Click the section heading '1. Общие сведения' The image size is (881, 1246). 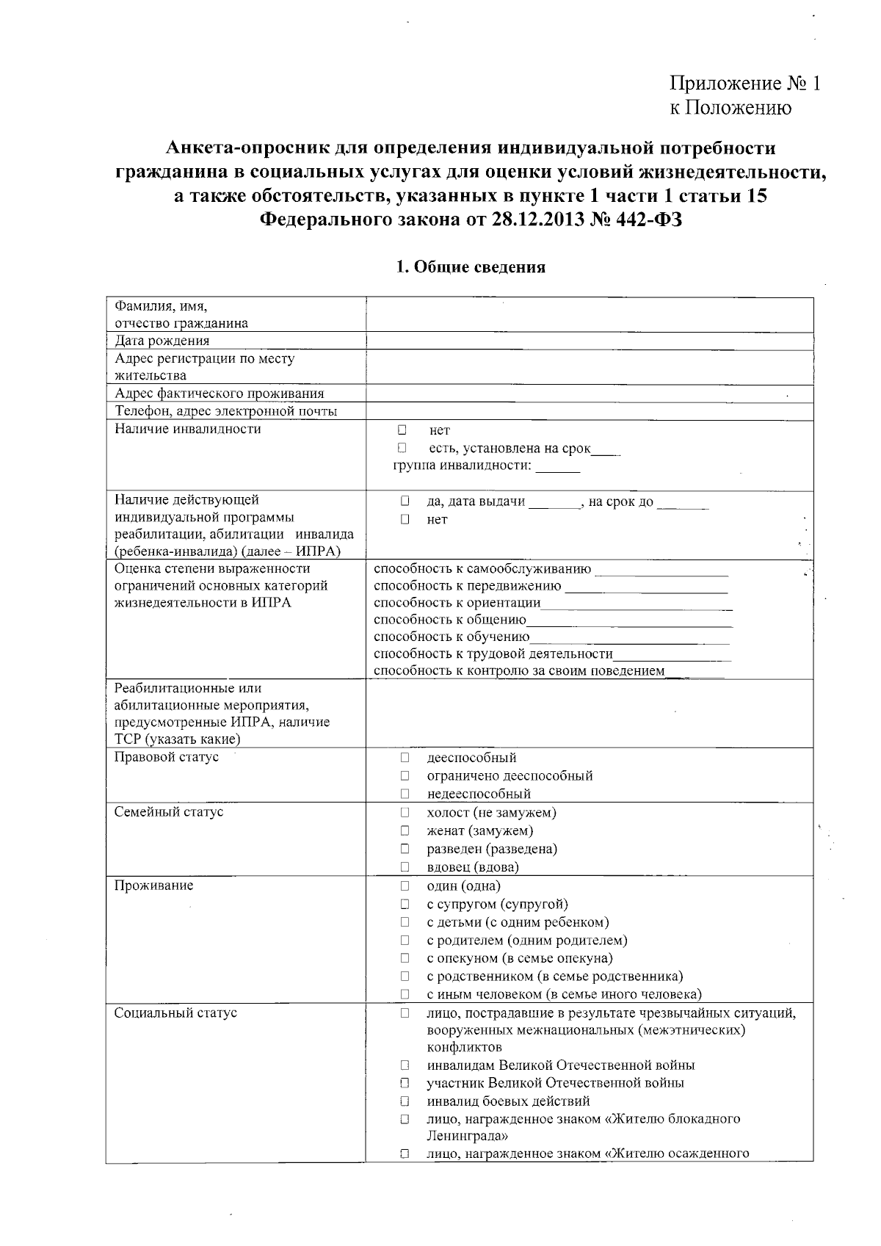click(471, 267)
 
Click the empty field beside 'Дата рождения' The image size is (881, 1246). click(589, 341)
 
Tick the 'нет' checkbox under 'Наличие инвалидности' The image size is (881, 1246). click(402, 430)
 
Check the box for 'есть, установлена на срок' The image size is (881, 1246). click(402, 447)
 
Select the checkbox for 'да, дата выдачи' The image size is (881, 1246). click(405, 501)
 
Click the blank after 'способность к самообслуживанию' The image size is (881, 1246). click(661, 570)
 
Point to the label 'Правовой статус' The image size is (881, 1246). click(167, 757)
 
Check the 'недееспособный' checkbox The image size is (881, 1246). click(405, 794)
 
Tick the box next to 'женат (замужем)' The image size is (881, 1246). click(405, 830)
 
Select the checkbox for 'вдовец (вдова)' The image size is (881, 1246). click(405, 867)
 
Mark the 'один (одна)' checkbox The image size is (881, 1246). click(405, 885)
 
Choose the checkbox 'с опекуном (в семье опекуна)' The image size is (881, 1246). click(405, 958)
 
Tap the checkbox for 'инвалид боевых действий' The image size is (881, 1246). click(405, 1101)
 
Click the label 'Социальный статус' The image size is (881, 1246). click(175, 1013)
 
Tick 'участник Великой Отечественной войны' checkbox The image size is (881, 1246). click(405, 1083)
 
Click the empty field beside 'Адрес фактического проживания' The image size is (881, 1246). click(589, 394)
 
